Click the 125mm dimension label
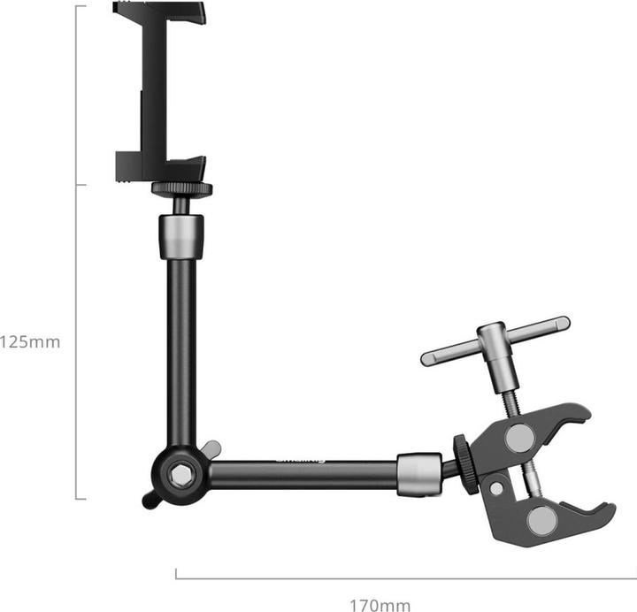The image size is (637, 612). (x=30, y=341)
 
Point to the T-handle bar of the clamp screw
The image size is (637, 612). (x=495, y=340)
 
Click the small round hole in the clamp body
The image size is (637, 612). (x=496, y=488)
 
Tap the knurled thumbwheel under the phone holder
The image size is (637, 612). (x=181, y=188)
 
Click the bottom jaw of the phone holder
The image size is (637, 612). (x=159, y=166)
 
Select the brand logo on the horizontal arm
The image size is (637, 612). (x=301, y=459)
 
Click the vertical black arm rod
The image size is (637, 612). (x=181, y=354)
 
